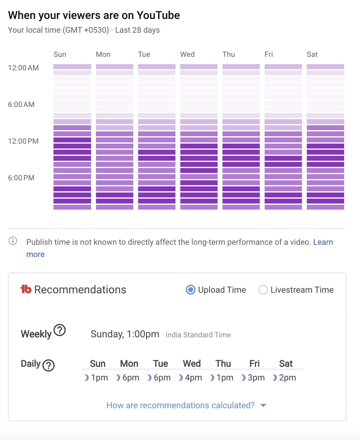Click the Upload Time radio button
[190, 290]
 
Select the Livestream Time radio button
[263, 290]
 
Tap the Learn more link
[323, 242]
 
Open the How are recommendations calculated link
[180, 405]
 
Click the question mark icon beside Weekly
[60, 330]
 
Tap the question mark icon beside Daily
[49, 365]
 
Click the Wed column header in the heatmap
[187, 54]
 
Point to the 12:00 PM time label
[23, 141]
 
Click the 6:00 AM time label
[21, 105]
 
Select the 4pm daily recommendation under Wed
[193, 378]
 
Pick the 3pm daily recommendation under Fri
[256, 378]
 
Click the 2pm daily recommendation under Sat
[287, 378]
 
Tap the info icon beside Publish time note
[13, 241]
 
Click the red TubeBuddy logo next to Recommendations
[26, 289]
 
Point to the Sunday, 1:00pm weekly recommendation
[125, 334]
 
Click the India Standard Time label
[198, 335]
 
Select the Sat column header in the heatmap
[312, 54]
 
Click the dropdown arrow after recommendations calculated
[263, 405]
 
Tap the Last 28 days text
[137, 30]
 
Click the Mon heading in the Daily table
[129, 364]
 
